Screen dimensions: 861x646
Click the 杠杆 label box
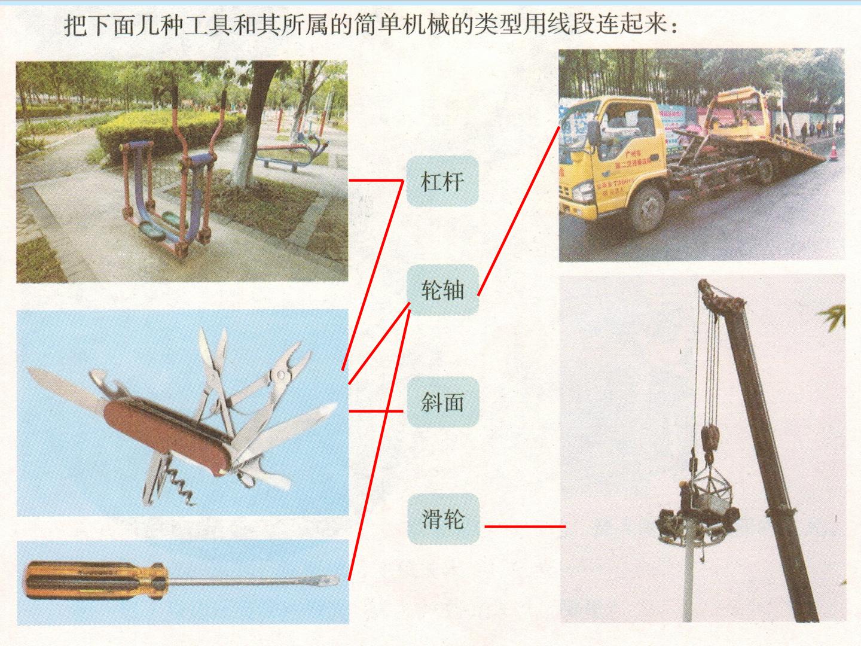coord(442,181)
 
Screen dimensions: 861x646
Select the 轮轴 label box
coord(442,290)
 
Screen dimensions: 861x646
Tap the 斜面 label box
coord(443,401)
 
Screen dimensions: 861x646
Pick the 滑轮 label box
coord(444,519)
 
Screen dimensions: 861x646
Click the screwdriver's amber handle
coord(96,580)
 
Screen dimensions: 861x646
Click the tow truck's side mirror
coord(593,133)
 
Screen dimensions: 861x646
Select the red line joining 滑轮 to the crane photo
coord(525,526)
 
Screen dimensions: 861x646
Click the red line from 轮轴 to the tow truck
coord(518,211)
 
